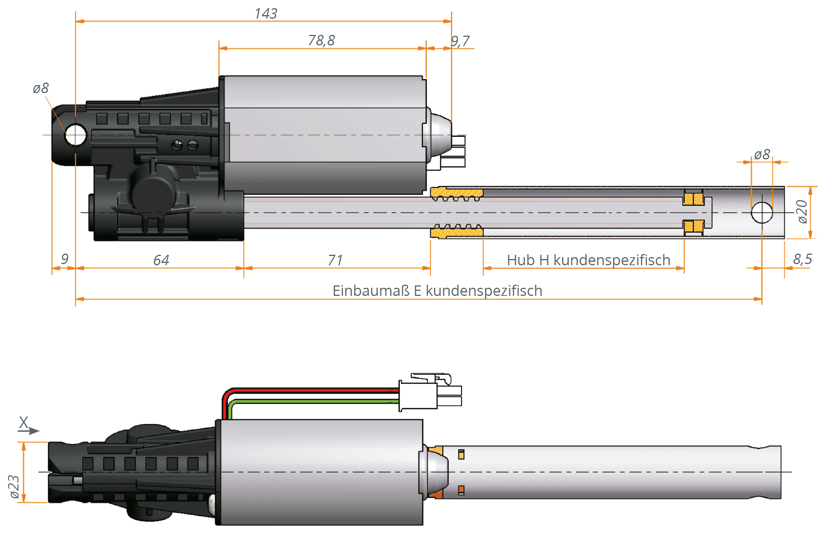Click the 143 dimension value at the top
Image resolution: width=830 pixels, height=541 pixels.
click(266, 14)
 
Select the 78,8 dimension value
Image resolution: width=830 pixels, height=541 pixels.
click(321, 41)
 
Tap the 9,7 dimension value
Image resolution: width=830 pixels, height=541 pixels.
click(460, 41)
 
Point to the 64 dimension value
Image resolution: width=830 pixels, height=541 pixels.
click(161, 260)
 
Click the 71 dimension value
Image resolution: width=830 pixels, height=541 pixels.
click(335, 260)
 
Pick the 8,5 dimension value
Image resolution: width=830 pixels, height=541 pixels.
click(802, 259)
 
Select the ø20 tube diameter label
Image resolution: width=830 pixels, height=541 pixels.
click(802, 212)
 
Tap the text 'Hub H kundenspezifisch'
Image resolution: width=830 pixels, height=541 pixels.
click(588, 260)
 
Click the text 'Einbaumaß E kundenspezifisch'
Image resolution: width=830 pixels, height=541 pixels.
click(437, 291)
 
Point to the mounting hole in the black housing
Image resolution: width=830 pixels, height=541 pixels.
click(75, 135)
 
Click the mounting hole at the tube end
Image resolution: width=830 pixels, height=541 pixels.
click(762, 213)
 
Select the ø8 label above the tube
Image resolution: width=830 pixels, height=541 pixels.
click(762, 155)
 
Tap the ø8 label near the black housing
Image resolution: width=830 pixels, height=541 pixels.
click(41, 88)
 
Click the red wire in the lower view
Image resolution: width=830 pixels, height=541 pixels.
click(311, 390)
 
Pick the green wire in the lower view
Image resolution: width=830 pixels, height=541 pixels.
click(311, 401)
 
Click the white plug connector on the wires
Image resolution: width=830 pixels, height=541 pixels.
click(418, 395)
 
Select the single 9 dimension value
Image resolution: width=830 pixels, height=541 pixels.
click(64, 259)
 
